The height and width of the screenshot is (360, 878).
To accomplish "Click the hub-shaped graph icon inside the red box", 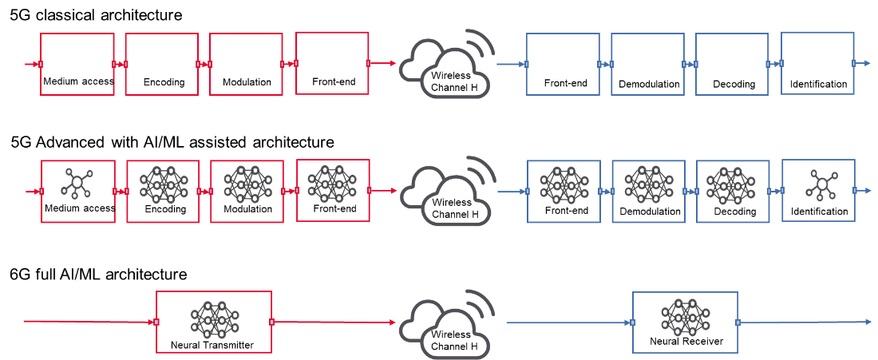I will point(77,184).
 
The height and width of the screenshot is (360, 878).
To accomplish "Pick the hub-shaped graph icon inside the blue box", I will point(821,184).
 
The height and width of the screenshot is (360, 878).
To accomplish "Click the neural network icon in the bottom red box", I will point(213,319).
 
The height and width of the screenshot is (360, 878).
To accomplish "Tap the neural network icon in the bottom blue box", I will point(684,317).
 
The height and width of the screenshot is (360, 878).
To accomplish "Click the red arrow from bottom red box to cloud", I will point(334,322).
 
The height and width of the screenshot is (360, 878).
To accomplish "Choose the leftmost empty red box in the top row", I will point(77,64).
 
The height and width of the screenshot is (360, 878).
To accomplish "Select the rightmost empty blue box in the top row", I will point(817,63).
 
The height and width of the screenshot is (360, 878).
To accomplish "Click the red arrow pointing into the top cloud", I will point(383,63).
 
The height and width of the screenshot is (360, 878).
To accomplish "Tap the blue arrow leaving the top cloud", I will point(510,64).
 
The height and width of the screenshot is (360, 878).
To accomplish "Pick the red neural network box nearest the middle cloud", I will point(333,190).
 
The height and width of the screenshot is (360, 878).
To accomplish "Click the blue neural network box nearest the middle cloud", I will point(564,192).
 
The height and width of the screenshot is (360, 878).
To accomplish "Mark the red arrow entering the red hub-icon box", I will point(32,192).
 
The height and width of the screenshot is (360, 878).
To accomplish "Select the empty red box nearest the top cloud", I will point(332,63).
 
